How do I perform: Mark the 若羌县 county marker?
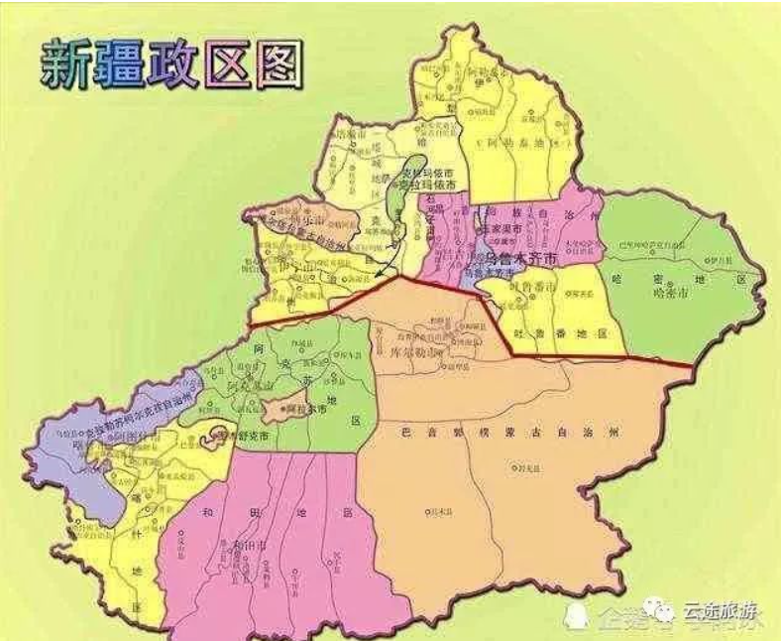pyautogui.click(x=524, y=465)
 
